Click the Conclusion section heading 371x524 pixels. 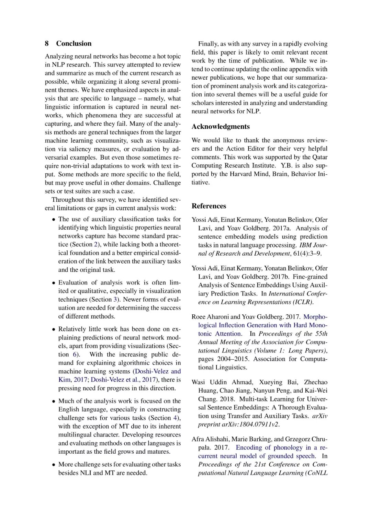click(74, 44)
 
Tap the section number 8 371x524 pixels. click(47, 44)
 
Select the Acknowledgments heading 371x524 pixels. click(221, 127)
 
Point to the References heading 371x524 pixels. click(209, 206)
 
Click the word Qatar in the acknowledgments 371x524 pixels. click(319, 157)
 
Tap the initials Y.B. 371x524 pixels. click(287, 165)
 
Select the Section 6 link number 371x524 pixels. click(75, 354)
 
